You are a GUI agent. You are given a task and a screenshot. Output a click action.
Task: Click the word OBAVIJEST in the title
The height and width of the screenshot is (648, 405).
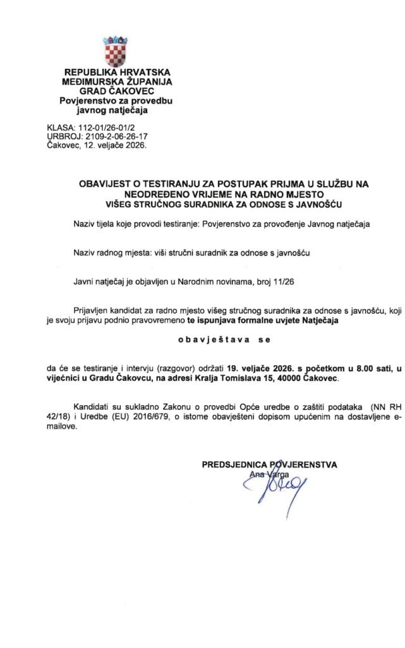(x=106, y=184)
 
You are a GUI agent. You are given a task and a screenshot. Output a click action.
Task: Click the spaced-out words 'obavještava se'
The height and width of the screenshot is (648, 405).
(x=224, y=339)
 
